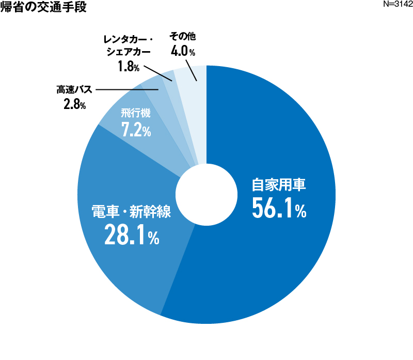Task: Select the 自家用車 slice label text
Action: click(279, 185)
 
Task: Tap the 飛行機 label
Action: click(136, 113)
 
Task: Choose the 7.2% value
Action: click(136, 130)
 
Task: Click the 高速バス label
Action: click(73, 90)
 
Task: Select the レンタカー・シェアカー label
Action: click(127, 45)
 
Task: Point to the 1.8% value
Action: click(129, 67)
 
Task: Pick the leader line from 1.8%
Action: click(157, 72)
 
